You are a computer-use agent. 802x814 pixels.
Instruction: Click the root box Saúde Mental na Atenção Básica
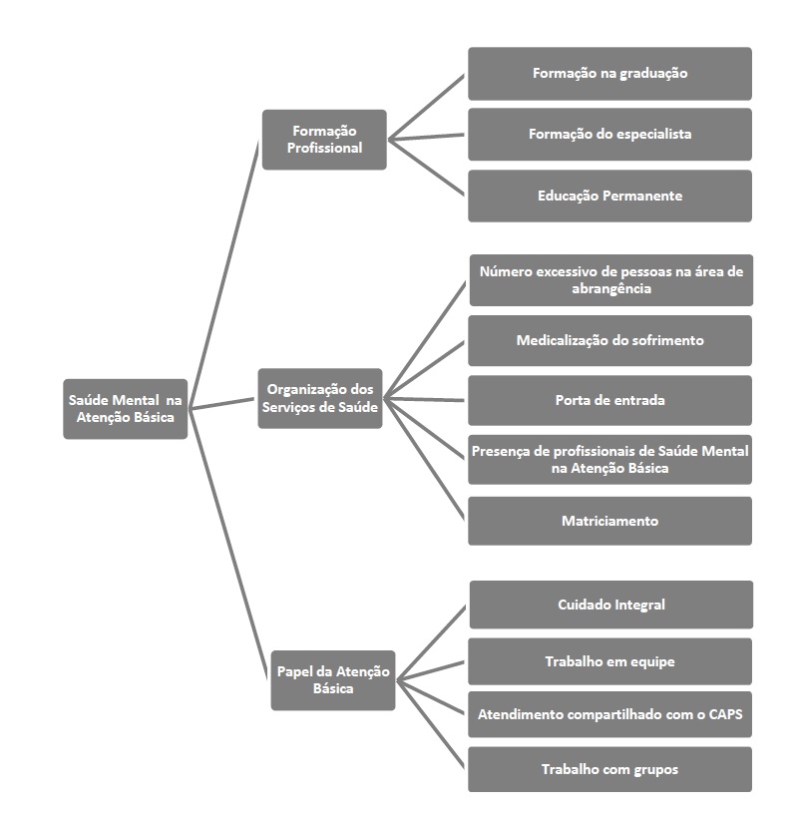click(x=125, y=409)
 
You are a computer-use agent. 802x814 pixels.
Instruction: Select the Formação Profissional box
click(x=324, y=139)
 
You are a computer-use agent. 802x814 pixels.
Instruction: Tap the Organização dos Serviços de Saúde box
click(x=320, y=398)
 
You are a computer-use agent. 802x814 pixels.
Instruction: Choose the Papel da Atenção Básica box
click(x=333, y=680)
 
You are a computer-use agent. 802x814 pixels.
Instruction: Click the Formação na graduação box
click(x=609, y=73)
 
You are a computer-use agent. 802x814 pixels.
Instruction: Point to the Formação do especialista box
click(x=609, y=134)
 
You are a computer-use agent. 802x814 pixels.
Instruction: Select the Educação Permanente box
click(x=609, y=196)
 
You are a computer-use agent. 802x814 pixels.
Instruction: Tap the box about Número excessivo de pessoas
click(x=610, y=279)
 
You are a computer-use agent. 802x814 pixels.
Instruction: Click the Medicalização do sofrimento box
click(x=609, y=340)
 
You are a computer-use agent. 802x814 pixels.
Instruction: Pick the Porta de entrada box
click(x=609, y=400)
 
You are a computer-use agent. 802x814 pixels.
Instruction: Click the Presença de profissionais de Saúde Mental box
click(x=609, y=460)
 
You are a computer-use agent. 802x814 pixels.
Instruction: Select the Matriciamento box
click(x=609, y=521)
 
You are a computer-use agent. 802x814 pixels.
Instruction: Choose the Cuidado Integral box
click(x=610, y=605)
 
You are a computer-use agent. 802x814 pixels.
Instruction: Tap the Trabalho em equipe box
click(x=609, y=661)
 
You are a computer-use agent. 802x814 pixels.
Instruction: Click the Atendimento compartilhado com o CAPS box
click(x=609, y=714)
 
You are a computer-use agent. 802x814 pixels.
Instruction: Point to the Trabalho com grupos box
click(x=609, y=769)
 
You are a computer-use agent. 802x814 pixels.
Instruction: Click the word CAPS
click(x=726, y=715)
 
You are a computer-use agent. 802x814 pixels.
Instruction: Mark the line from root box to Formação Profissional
click(x=224, y=274)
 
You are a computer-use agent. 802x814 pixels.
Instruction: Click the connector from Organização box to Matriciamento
click(x=424, y=459)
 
